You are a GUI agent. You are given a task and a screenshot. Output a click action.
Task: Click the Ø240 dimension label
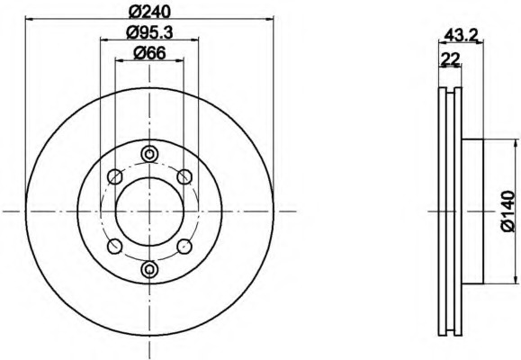point(149,13)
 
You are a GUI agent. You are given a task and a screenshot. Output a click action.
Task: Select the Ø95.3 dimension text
point(149,32)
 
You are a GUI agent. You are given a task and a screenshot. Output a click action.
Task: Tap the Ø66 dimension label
point(149,53)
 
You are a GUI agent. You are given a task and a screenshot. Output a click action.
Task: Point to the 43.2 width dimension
point(461,34)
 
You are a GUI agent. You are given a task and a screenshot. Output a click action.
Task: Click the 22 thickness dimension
point(450,59)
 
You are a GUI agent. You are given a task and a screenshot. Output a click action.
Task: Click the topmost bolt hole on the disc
point(149,154)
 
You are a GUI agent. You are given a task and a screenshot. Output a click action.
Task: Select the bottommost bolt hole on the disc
point(149,269)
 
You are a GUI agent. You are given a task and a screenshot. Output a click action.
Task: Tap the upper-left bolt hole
point(115,176)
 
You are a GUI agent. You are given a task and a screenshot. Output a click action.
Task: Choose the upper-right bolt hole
point(184,176)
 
